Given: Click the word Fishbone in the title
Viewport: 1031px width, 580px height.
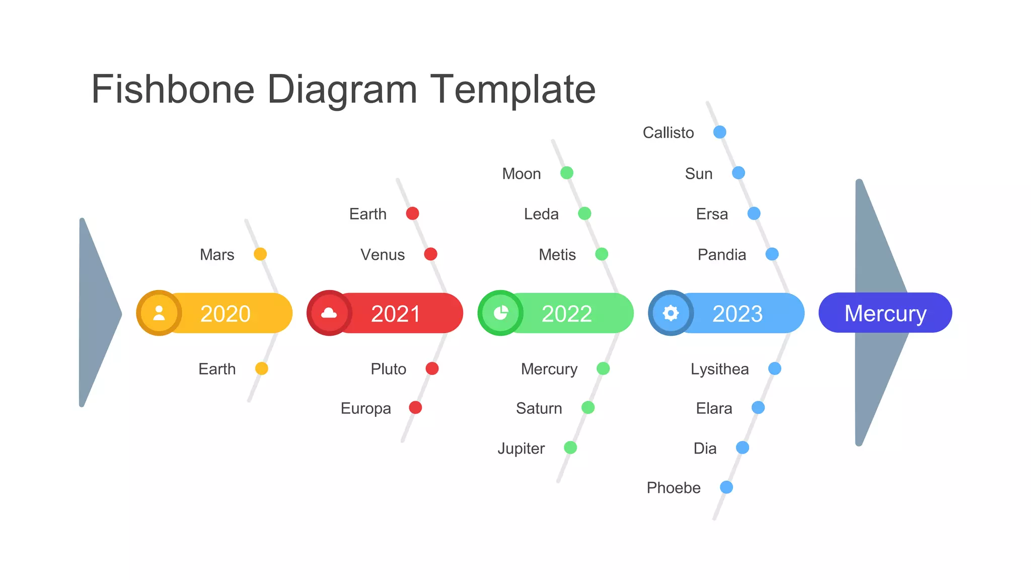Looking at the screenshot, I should click(173, 89).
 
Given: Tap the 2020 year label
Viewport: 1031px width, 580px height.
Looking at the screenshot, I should click(225, 314).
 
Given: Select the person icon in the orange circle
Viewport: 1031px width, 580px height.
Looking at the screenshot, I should click(159, 313).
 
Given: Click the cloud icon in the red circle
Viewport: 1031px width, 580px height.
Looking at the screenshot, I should click(329, 313).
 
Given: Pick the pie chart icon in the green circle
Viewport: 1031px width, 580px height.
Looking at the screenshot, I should click(500, 313).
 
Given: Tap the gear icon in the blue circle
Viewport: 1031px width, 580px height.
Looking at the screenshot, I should click(671, 313).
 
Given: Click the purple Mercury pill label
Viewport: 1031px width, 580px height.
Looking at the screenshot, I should click(885, 313).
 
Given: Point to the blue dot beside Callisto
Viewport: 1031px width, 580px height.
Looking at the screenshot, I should click(720, 132).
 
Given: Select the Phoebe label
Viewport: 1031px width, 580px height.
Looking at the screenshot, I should click(674, 487).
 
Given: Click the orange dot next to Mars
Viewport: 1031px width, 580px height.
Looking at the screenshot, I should click(260, 254).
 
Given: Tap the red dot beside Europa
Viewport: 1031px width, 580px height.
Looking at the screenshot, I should click(415, 407).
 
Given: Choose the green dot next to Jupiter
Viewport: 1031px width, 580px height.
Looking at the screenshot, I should click(570, 447).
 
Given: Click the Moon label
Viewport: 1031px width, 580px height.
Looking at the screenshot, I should click(522, 174).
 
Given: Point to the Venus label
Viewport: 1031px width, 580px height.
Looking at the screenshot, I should click(383, 254).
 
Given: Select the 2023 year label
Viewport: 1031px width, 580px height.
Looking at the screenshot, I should click(738, 314).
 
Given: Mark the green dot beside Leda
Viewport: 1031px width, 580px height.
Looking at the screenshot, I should click(584, 213).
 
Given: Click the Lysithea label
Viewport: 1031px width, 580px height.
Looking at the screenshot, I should click(719, 369).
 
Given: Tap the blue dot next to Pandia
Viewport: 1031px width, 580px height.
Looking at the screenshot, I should click(772, 254).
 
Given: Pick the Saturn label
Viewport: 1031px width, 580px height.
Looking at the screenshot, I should click(539, 408).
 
